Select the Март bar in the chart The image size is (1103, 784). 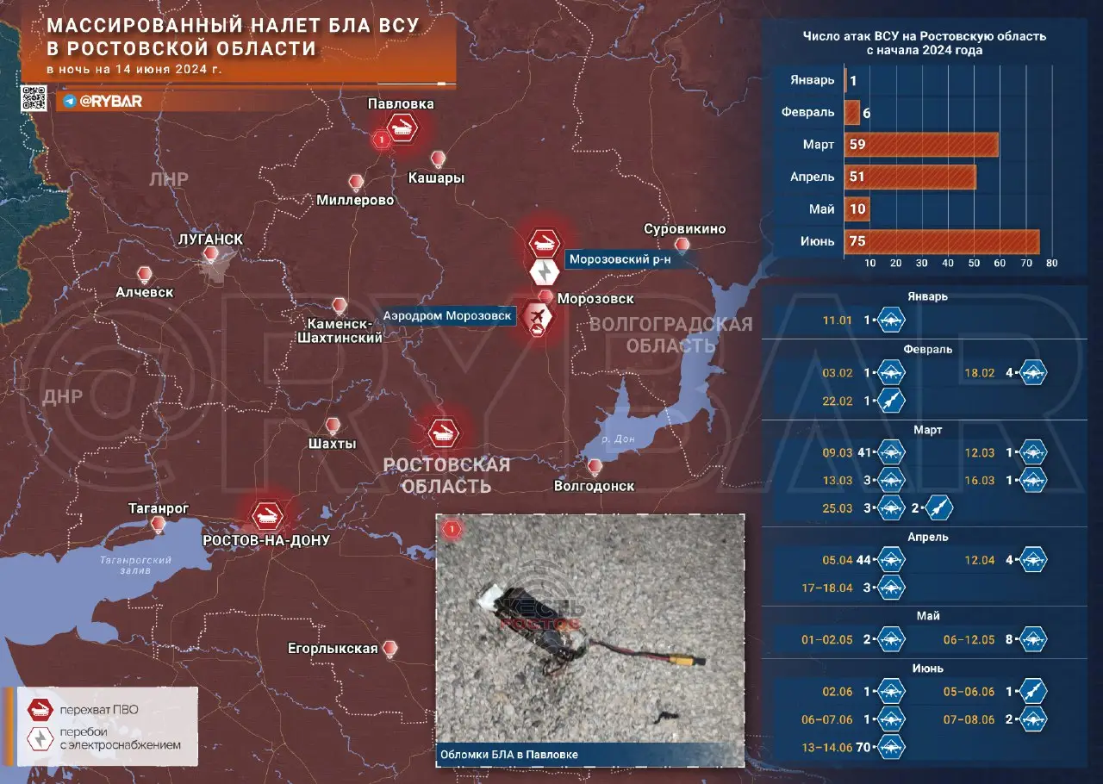922,145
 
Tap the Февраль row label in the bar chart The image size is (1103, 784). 807,112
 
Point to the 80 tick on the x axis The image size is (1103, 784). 1051,263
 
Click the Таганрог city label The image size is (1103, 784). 158,509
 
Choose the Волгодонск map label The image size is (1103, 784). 594,486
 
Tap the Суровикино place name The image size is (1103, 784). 685,229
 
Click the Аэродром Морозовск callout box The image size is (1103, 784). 448,316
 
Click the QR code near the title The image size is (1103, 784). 34,99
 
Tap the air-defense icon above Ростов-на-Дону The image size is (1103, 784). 265,515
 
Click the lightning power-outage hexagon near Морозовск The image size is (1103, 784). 545,273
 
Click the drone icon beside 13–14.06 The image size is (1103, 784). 892,747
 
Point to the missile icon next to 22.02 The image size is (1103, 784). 892,401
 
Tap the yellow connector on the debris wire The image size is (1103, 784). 689,661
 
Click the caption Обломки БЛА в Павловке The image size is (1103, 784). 509,754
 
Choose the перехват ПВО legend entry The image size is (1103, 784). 98,711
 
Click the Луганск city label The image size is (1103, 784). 210,239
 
